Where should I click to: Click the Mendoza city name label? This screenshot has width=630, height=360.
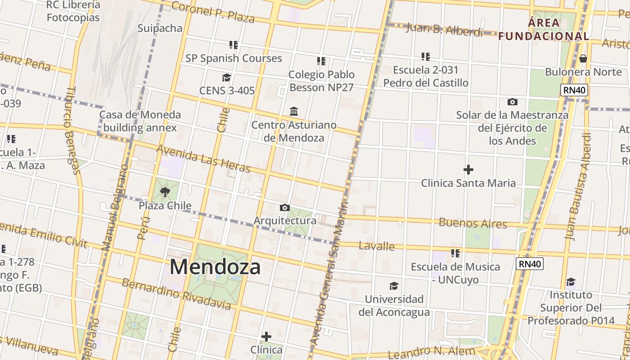215,267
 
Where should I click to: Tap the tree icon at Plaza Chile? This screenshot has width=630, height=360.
165,192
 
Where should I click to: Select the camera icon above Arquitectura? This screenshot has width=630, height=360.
285,207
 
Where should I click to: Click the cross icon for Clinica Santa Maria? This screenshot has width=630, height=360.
468,170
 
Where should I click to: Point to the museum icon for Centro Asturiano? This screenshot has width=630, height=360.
294,111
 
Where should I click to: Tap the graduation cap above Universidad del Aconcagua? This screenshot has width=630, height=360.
394,286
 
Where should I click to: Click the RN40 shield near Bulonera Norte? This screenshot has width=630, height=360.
575,90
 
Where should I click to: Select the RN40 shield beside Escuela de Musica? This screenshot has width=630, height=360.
530,264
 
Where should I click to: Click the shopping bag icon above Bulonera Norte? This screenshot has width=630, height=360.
583,58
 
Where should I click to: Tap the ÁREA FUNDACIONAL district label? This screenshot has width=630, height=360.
544,29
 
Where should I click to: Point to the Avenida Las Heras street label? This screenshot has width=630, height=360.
203,159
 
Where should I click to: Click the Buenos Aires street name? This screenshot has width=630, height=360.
472,223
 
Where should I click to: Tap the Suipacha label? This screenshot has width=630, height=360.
160,28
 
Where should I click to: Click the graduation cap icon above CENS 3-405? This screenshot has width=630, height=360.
226,77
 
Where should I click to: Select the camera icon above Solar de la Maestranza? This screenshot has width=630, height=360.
512,102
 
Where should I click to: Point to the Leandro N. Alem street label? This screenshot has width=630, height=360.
431,352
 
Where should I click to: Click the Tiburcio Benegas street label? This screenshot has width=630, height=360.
72,130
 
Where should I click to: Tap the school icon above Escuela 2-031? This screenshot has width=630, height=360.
425,57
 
